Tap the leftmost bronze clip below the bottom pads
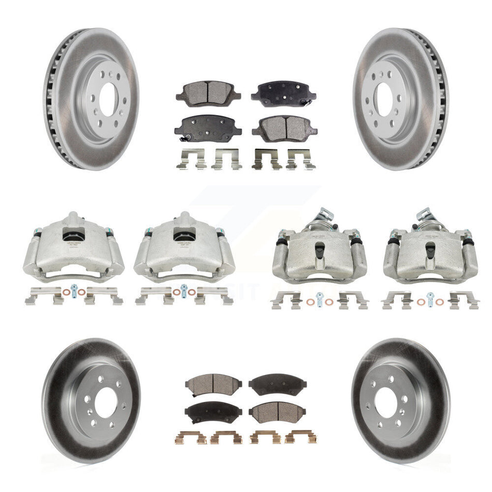point(192,438)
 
